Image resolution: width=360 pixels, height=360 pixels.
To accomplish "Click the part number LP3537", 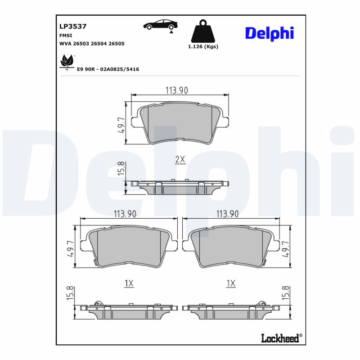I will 73,27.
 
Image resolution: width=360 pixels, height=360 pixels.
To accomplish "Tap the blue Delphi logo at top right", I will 269,32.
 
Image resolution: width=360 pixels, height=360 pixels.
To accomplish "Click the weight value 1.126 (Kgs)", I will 203,47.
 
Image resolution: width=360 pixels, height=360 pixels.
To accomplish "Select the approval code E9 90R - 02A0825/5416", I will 108,69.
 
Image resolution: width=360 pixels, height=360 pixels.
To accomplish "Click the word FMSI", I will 66,35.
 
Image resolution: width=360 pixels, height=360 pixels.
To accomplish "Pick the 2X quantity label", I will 180,159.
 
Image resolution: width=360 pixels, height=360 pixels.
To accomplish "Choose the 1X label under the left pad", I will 129,283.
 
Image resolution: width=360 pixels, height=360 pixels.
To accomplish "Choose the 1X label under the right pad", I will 231,283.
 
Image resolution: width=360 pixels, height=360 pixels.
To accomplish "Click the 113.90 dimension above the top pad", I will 176,90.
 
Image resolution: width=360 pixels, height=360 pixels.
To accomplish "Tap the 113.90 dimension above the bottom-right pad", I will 227,214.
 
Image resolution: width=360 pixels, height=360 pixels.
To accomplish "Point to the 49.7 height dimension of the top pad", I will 121,126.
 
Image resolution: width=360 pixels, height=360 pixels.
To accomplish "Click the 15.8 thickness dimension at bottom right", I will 285,293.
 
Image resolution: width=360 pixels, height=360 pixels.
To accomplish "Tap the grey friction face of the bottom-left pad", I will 129,247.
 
